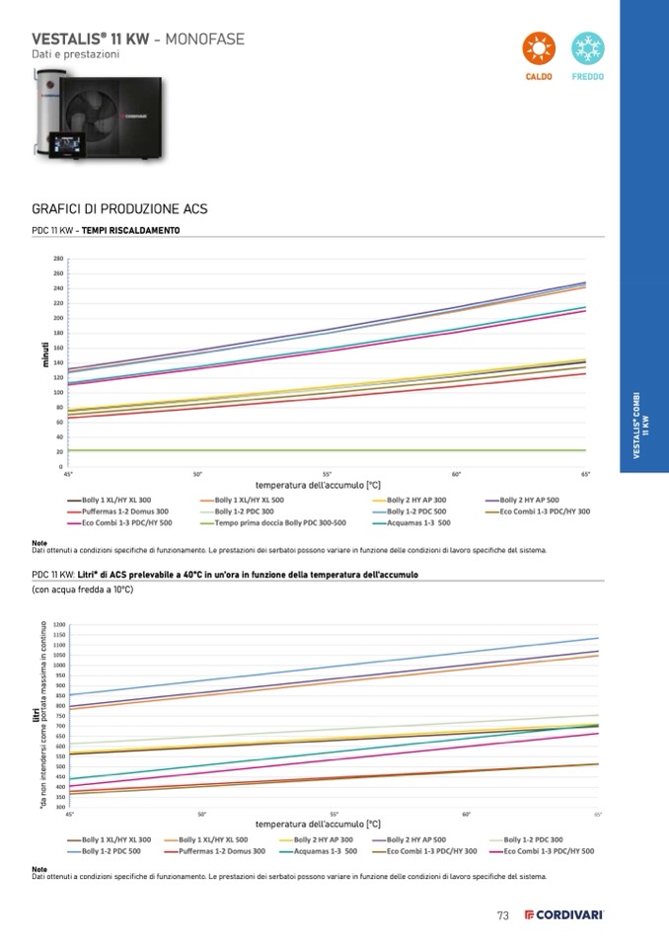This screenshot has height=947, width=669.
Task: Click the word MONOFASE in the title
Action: point(204,39)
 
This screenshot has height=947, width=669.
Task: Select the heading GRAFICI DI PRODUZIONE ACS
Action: point(119,209)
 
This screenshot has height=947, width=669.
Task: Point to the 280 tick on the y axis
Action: point(58,259)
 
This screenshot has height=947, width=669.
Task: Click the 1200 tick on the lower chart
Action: point(60,624)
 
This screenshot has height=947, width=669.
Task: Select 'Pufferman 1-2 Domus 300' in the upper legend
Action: point(125,512)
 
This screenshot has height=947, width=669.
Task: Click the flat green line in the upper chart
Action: point(326,450)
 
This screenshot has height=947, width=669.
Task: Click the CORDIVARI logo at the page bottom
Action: point(563,915)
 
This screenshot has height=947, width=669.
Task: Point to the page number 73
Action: point(502,915)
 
